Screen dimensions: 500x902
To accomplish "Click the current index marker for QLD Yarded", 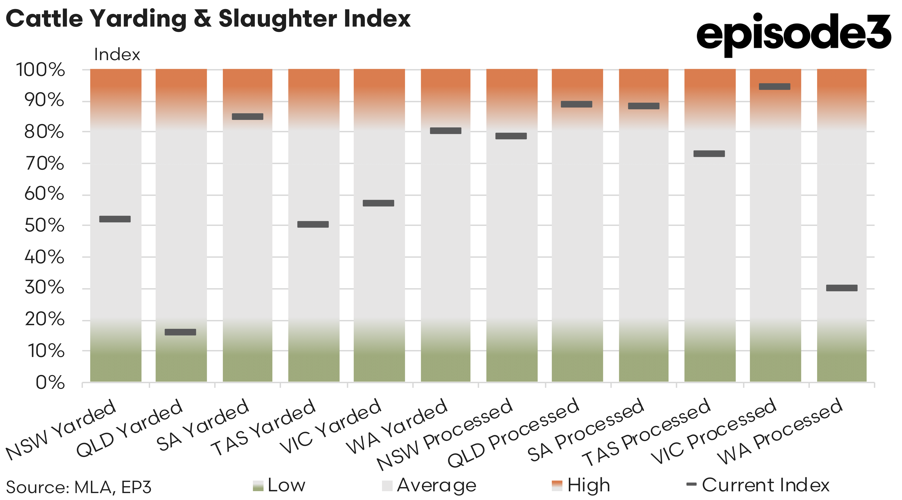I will click(x=180, y=332).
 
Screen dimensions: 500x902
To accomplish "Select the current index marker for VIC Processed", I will click(x=774, y=86).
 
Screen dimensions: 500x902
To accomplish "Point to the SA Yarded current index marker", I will click(x=248, y=116).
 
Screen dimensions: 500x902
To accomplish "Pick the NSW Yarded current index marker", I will click(x=115, y=219).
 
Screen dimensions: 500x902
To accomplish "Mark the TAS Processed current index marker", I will click(x=709, y=154).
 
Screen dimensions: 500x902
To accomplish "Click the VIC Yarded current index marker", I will click(x=379, y=203).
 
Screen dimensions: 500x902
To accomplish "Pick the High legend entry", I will click(x=581, y=485).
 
